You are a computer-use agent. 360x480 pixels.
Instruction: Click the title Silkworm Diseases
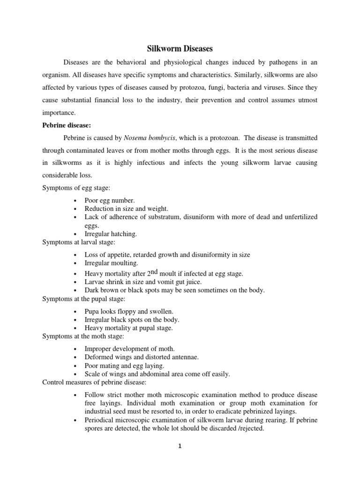tap(180, 48)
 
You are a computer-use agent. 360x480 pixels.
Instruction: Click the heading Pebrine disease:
tap(67, 125)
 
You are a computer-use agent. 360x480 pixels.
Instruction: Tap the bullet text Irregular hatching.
tap(111, 233)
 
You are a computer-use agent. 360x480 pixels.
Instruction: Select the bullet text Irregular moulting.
tap(112, 263)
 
